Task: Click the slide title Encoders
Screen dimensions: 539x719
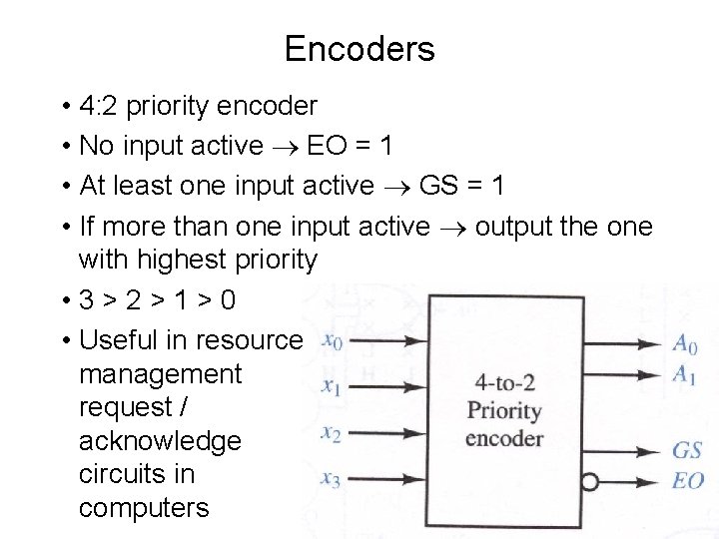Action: pos(359,48)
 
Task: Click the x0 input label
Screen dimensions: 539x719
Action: pos(333,342)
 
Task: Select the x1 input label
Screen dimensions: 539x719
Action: pos(332,387)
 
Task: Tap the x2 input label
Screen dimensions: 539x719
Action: pos(332,432)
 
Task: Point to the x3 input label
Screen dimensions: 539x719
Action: pos(331,480)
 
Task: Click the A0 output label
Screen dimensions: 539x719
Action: pos(685,345)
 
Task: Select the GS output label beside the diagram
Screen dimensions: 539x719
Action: pos(687,450)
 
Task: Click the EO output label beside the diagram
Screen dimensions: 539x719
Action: pos(687,481)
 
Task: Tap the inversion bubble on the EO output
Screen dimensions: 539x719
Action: pos(590,482)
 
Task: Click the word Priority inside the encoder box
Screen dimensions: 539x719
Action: pos(504,411)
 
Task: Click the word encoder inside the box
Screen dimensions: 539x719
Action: pos(504,438)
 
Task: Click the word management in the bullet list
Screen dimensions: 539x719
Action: pos(160,374)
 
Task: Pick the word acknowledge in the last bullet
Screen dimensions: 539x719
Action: pos(160,441)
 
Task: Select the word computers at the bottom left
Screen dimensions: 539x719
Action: pos(144,508)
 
